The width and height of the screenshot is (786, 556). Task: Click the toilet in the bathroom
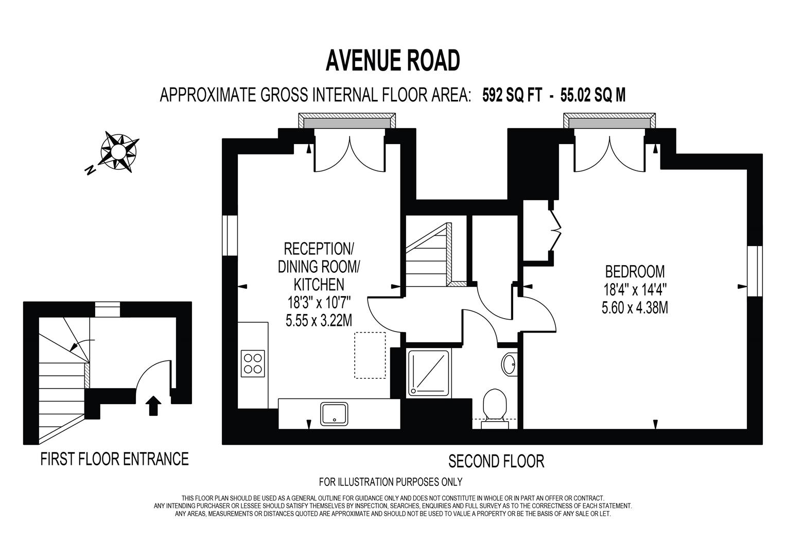(x=495, y=405)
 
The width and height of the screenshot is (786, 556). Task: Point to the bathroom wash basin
(x=510, y=364)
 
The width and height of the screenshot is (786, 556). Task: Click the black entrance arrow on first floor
(x=153, y=405)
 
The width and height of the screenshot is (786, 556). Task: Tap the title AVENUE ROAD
(x=392, y=61)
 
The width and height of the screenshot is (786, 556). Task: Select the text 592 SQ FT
(x=512, y=95)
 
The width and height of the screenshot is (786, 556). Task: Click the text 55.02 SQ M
(x=593, y=95)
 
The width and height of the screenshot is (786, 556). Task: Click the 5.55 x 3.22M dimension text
(x=319, y=320)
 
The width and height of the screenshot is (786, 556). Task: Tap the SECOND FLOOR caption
(x=496, y=461)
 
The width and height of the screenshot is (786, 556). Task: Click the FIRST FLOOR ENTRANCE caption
(x=114, y=458)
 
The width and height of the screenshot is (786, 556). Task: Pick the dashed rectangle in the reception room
(x=370, y=355)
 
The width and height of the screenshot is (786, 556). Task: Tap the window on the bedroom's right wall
(x=755, y=271)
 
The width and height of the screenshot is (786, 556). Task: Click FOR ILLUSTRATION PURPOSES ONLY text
(x=391, y=482)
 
